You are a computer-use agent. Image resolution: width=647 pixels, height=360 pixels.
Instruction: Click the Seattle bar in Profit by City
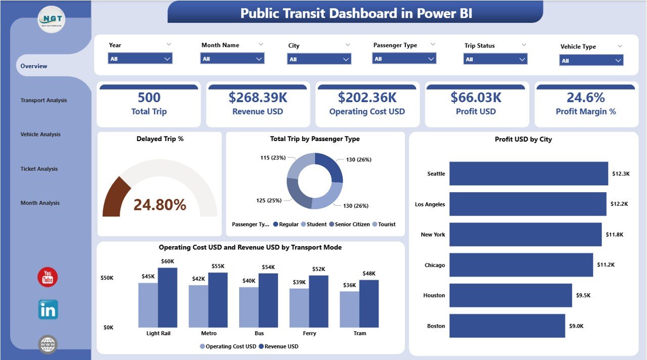pyautogui.click(x=528, y=173)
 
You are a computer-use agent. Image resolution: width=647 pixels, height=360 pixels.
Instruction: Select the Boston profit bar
pyautogui.click(x=507, y=326)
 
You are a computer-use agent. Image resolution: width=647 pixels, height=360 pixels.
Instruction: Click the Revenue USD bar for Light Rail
pyautogui.click(x=167, y=297)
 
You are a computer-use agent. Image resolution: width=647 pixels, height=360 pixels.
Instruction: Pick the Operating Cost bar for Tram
pyautogui.click(x=349, y=309)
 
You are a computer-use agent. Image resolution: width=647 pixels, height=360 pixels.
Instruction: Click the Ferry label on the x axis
pyautogui.click(x=309, y=333)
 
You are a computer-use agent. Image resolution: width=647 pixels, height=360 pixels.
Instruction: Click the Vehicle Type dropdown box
pyautogui.click(x=591, y=61)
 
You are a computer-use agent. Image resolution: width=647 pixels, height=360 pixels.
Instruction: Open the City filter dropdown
pyautogui.click(x=319, y=59)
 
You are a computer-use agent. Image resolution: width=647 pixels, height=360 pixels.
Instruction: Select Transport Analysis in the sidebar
pyautogui.click(x=43, y=100)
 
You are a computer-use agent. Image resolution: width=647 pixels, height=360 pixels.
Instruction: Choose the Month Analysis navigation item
pyautogui.click(x=40, y=203)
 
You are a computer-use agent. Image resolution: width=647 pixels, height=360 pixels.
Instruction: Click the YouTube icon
pyautogui.click(x=48, y=277)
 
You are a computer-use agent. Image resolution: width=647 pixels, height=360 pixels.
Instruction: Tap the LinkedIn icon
pyautogui.click(x=48, y=309)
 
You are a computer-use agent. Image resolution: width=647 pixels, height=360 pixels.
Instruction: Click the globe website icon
pyautogui.click(x=48, y=344)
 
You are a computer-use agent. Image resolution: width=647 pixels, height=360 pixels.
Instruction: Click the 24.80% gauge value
pyautogui.click(x=160, y=205)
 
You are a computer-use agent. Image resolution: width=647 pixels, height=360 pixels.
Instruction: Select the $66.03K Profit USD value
pyautogui.click(x=476, y=97)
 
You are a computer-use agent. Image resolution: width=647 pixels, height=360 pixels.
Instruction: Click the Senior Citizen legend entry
pyautogui.click(x=349, y=224)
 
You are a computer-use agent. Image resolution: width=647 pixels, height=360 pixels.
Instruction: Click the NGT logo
pyautogui.click(x=51, y=19)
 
